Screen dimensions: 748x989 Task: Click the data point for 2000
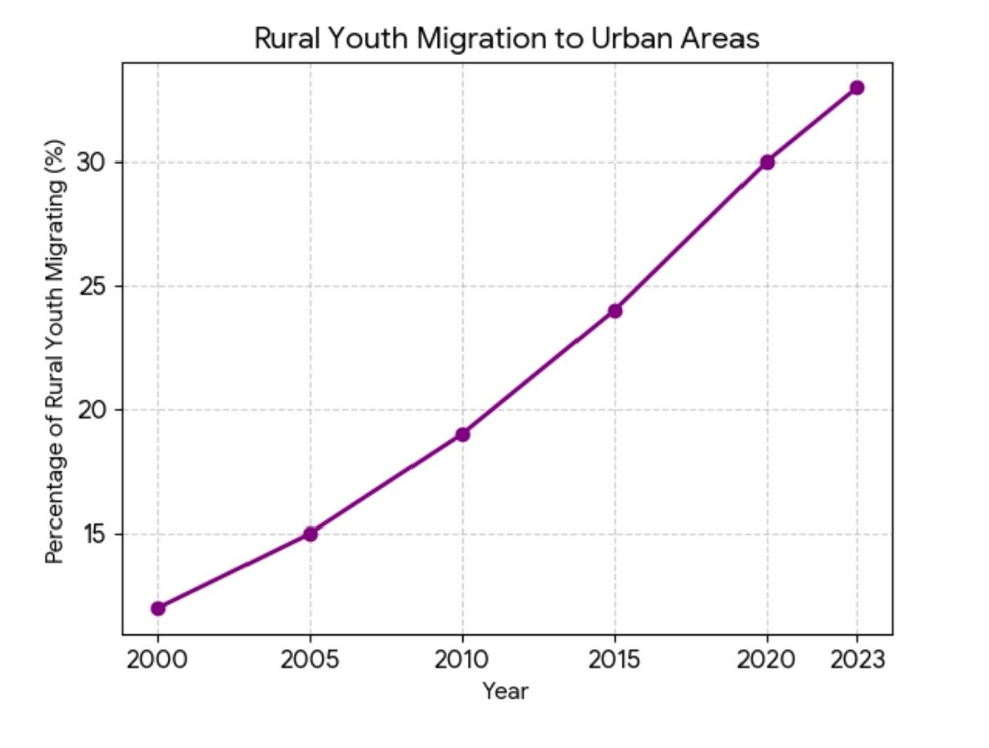pyautogui.click(x=158, y=608)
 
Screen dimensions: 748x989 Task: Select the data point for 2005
pyautogui.click(x=310, y=534)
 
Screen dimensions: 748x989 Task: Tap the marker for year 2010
pyautogui.click(x=462, y=434)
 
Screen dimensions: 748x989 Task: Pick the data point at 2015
pyautogui.click(x=615, y=310)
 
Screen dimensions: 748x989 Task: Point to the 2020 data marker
pyautogui.click(x=767, y=162)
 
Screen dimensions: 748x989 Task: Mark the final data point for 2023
pyautogui.click(x=857, y=88)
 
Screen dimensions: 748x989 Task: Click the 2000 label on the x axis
pyautogui.click(x=158, y=660)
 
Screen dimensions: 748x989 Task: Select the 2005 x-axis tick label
pyautogui.click(x=310, y=660)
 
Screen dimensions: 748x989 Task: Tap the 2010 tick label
pyautogui.click(x=462, y=660)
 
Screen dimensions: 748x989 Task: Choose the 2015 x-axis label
pyautogui.click(x=615, y=660)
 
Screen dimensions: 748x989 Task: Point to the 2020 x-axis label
pyautogui.click(x=767, y=660)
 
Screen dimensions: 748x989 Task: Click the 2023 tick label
pyautogui.click(x=857, y=660)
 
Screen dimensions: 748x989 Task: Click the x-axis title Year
pyautogui.click(x=506, y=691)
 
